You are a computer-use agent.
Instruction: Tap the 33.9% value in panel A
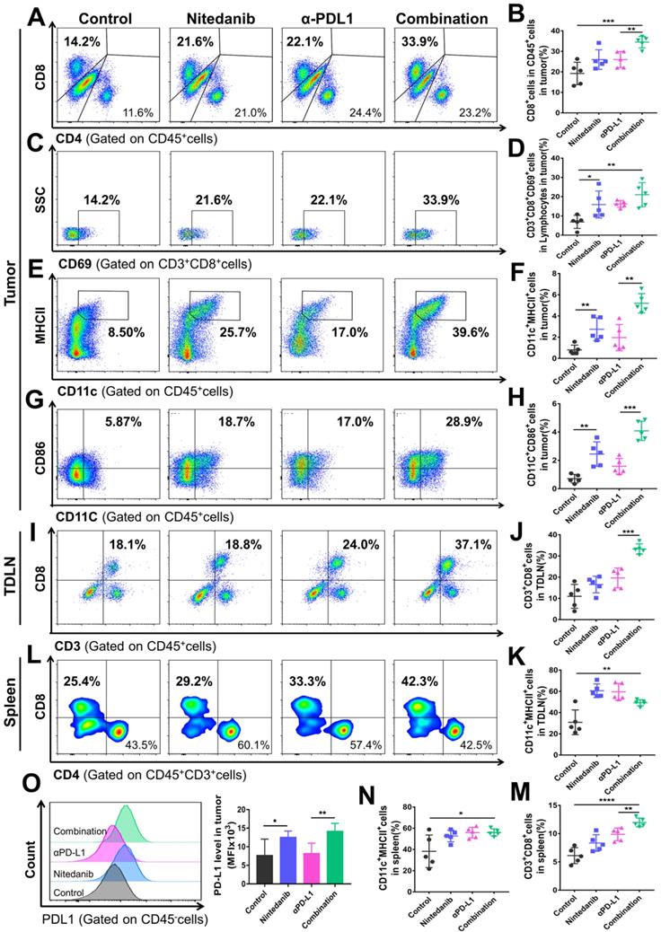click(419, 41)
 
